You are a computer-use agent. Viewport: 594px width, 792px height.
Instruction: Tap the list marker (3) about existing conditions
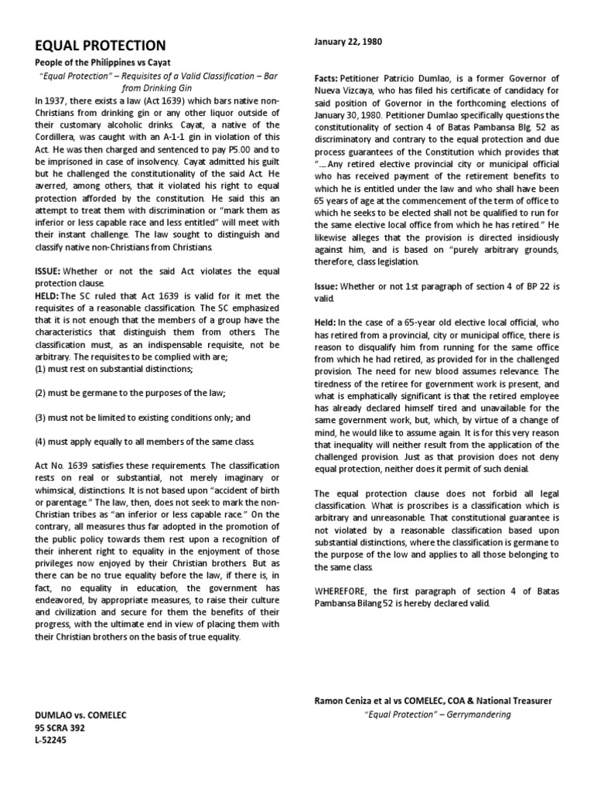42,418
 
